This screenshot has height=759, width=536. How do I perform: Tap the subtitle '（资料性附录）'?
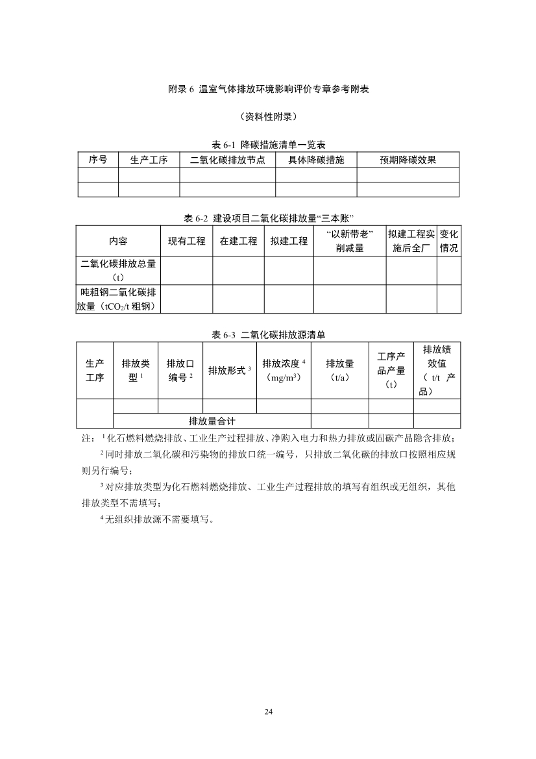click(x=268, y=117)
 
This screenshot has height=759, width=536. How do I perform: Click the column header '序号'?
click(x=98, y=160)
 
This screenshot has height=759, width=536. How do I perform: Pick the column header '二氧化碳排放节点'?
click(x=228, y=160)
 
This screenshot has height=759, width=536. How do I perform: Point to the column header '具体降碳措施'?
click(x=316, y=160)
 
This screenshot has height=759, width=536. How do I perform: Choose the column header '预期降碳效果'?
click(x=408, y=160)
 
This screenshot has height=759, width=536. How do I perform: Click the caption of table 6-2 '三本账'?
click(x=268, y=218)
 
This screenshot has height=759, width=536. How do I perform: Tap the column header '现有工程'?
click(x=187, y=241)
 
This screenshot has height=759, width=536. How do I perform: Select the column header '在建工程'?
click(x=238, y=241)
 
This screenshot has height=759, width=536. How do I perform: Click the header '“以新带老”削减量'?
click(x=350, y=241)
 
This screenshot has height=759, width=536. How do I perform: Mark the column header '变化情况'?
click(x=449, y=241)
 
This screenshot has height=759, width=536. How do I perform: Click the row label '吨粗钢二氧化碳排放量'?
click(x=118, y=299)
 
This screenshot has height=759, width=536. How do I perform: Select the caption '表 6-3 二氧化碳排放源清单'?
click(x=268, y=335)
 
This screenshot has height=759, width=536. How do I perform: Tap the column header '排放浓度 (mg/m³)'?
click(x=284, y=370)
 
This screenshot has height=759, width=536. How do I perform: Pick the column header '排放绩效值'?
click(x=437, y=370)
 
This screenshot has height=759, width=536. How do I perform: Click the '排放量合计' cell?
click(x=212, y=421)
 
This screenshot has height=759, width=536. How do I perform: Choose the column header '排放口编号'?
click(x=180, y=370)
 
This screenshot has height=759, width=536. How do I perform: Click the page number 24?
click(x=268, y=712)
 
